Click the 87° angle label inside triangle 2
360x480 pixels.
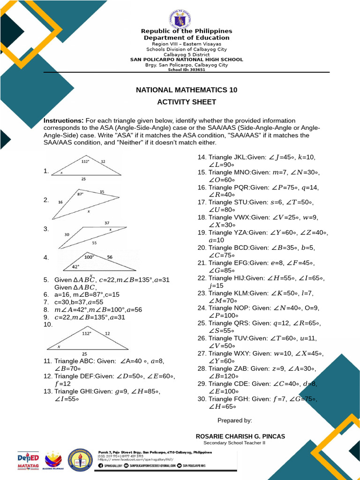(x=80, y=194)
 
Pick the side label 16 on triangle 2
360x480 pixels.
(x=60, y=202)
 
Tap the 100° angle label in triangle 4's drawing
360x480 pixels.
(x=89, y=257)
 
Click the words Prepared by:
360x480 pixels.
(x=235, y=420)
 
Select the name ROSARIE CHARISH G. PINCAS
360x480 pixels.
(x=240, y=436)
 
